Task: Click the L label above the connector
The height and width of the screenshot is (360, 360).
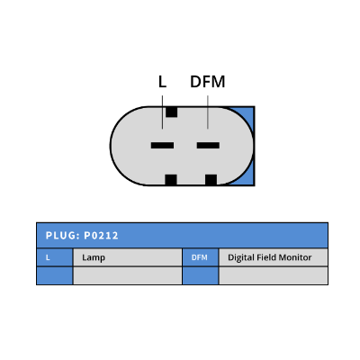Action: [162, 82]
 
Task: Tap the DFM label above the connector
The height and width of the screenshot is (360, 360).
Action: [208, 82]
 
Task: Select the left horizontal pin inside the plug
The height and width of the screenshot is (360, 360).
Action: [162, 146]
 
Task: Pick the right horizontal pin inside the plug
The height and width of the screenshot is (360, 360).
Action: [208, 146]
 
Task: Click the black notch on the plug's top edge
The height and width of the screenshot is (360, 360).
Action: [172, 112]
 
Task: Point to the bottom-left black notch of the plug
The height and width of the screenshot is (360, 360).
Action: [171, 180]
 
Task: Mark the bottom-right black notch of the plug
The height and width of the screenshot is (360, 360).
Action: [211, 180]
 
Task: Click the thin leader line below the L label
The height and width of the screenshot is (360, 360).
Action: [162, 112]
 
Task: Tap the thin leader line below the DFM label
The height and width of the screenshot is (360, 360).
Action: [208, 112]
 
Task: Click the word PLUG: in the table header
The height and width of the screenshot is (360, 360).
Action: [62, 236]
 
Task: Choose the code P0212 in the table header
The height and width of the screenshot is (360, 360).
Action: [101, 236]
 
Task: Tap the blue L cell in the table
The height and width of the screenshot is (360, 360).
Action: [55, 257]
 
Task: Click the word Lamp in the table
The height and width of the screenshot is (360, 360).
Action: [94, 257]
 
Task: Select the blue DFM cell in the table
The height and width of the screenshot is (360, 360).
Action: [201, 257]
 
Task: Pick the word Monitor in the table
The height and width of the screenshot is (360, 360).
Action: [295, 257]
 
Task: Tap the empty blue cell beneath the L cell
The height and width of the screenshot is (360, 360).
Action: [55, 275]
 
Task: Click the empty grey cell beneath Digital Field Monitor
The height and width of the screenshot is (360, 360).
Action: [274, 275]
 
